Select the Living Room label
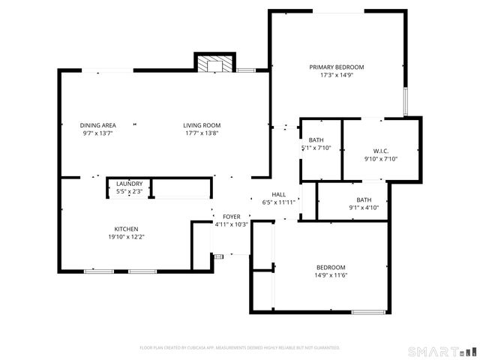202,125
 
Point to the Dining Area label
98,125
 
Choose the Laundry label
129,184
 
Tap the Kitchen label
126,229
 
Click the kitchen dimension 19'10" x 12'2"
126,237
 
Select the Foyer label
232,216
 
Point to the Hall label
278,193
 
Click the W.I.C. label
379,150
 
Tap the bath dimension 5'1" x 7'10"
316,148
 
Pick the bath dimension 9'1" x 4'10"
364,208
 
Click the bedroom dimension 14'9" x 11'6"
330,276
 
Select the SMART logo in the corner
442,351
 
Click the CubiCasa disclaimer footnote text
240,348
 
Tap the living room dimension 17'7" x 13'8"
202,133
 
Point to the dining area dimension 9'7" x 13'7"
98,133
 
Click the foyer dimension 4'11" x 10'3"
232,224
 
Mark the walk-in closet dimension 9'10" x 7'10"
379,158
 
